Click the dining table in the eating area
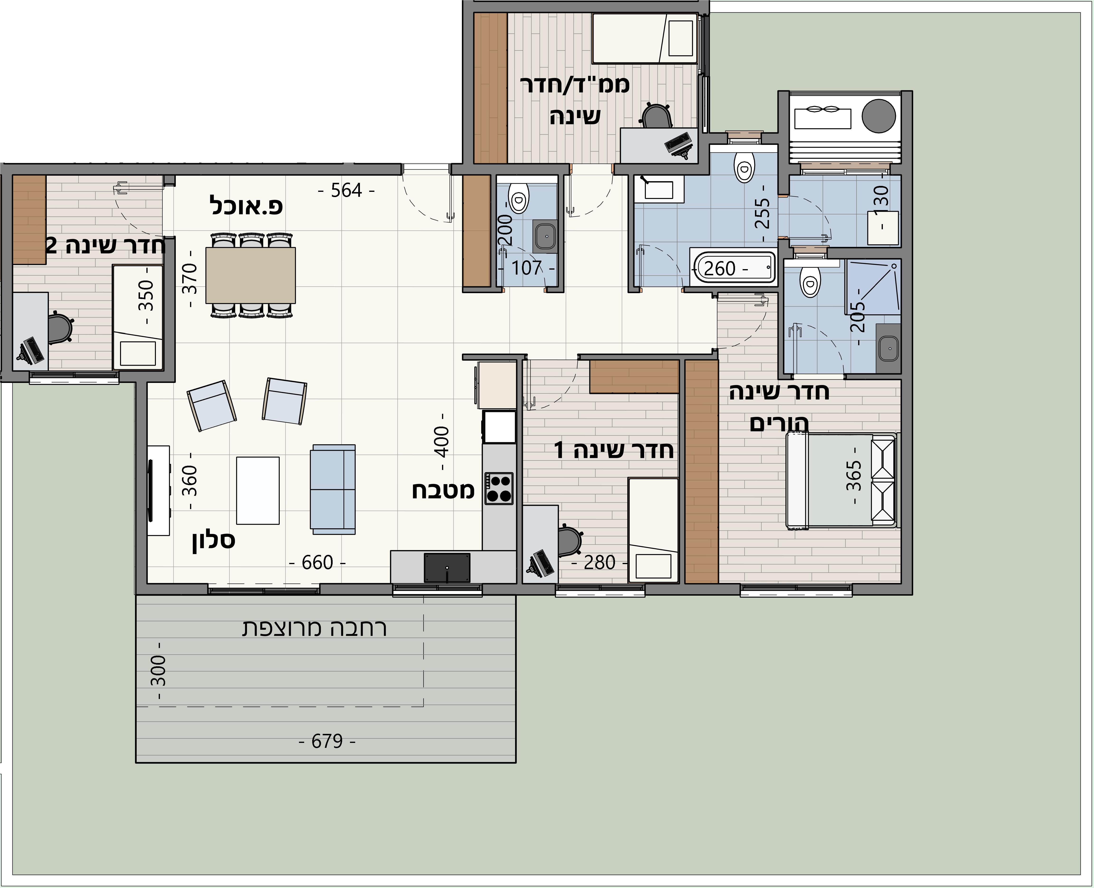(250, 275)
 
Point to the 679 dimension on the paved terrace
(327, 741)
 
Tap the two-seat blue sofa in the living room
(333, 489)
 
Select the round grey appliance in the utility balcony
(879, 116)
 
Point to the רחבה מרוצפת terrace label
(314, 629)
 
